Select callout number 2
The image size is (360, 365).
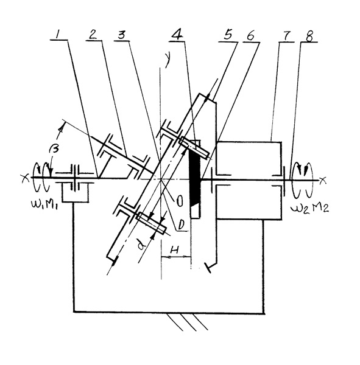point(93,35)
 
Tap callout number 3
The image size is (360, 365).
point(121,35)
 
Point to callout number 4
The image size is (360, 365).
point(177,35)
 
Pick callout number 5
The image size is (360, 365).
point(227,35)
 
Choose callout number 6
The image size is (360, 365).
point(250,36)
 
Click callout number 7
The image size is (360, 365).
point(286,35)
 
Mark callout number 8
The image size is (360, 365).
point(309,36)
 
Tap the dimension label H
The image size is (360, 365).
point(174,250)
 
